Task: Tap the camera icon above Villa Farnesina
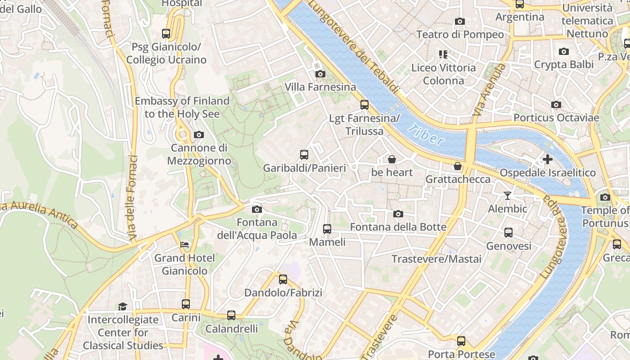320,74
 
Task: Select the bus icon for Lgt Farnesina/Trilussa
364,105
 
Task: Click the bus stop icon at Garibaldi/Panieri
304,155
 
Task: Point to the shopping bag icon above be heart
392,159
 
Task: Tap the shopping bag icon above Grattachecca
458,166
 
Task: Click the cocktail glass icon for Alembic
508,195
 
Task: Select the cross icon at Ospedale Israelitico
547,159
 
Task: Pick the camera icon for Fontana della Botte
398,214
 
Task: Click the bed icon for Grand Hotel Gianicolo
184,245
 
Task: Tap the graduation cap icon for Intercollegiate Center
122,306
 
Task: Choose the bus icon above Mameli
327,229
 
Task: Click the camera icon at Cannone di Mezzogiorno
198,135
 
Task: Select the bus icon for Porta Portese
461,341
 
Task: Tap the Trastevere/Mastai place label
436,259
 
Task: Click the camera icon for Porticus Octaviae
556,104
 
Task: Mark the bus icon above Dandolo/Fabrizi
283,279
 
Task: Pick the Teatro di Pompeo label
460,35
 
